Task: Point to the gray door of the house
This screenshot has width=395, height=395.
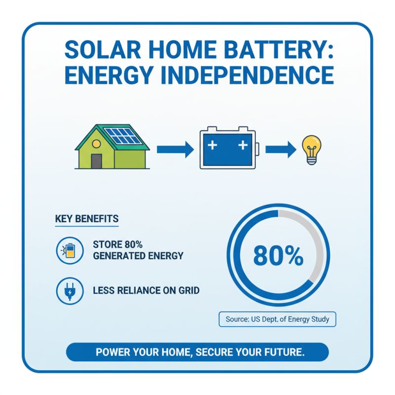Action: click(x=96, y=161)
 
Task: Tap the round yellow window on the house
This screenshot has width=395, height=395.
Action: click(x=96, y=144)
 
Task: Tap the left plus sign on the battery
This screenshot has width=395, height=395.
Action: click(x=213, y=146)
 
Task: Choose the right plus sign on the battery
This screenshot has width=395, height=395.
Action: click(x=242, y=146)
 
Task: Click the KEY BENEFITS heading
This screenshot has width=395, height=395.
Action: click(x=87, y=219)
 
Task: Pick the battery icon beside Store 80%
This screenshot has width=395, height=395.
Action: click(x=69, y=250)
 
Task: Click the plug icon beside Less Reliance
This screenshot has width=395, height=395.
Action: click(x=69, y=290)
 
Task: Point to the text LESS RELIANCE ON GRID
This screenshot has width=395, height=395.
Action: click(x=146, y=290)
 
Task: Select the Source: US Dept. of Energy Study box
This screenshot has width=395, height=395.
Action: click(x=277, y=319)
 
